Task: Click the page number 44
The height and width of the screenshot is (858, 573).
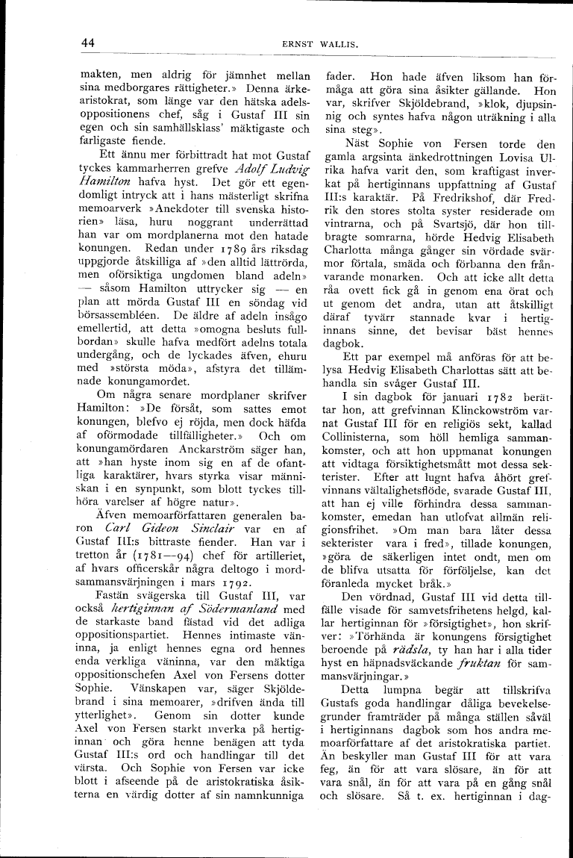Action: click(87, 43)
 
